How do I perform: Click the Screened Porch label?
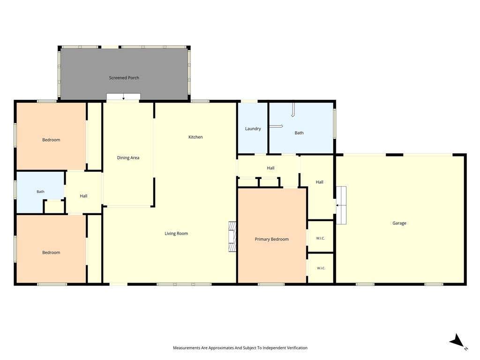click(124, 78)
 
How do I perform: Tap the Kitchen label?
click(195, 137)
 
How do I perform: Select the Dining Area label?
click(128, 157)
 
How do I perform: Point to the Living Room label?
click(176, 233)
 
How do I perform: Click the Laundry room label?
click(253, 129)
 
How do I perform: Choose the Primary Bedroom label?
click(272, 239)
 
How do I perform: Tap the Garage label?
click(399, 223)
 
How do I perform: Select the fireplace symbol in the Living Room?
click(232, 237)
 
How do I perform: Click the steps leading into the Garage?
click(341, 205)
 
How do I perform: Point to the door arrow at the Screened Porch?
click(123, 97)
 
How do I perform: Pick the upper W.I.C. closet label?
click(321, 238)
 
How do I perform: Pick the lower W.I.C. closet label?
click(321, 268)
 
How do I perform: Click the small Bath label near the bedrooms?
click(40, 192)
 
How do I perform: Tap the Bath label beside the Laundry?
click(299, 133)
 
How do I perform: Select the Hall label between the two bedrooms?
click(83, 196)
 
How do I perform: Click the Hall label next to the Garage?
click(320, 182)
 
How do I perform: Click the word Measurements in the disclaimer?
click(187, 348)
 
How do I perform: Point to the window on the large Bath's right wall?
click(335, 124)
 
